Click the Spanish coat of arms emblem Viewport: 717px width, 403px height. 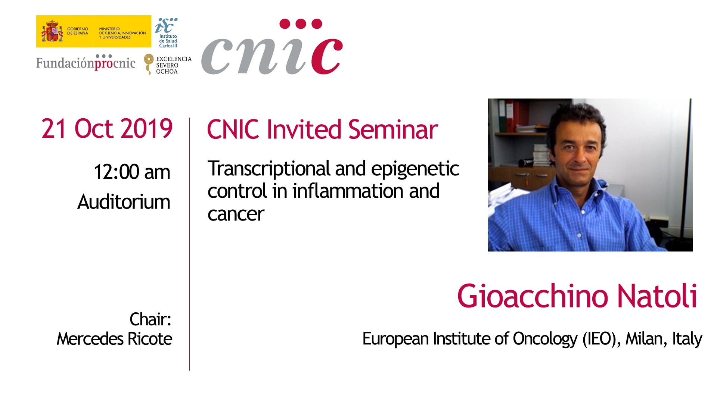52,31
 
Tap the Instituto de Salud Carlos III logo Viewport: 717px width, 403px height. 166,33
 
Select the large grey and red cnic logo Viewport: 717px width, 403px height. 272,47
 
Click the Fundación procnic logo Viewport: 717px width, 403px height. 86,62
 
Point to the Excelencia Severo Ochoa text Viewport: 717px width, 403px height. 174,65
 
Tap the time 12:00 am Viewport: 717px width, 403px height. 132,172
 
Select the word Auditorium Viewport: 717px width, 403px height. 124,202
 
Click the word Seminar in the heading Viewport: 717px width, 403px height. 393,129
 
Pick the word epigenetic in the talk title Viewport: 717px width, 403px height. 415,169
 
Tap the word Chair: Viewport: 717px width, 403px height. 150,319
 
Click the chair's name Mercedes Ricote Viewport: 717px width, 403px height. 114,339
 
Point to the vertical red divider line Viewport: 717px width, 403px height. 189,244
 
